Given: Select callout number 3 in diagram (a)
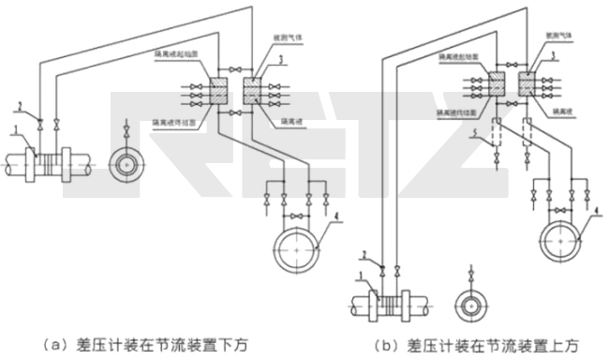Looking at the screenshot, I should [x=279, y=58].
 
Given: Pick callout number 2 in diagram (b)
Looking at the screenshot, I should [x=364, y=255].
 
